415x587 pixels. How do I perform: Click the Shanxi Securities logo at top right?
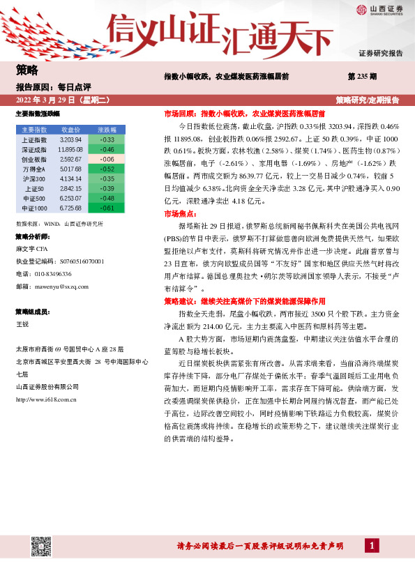(379, 9)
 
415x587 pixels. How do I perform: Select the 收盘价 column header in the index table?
(71, 130)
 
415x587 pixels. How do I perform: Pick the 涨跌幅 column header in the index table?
(107, 130)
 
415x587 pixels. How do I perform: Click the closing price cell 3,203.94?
(71, 139)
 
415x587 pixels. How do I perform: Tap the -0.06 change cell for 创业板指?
(107, 159)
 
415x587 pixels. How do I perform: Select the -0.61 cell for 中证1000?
(107, 208)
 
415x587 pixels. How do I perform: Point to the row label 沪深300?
(34, 178)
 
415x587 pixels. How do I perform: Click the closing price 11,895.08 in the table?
(71, 149)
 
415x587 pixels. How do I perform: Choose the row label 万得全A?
(34, 169)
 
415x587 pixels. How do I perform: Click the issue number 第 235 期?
(362, 75)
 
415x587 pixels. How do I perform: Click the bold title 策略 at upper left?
(27, 70)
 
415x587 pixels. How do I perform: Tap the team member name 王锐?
(22, 324)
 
